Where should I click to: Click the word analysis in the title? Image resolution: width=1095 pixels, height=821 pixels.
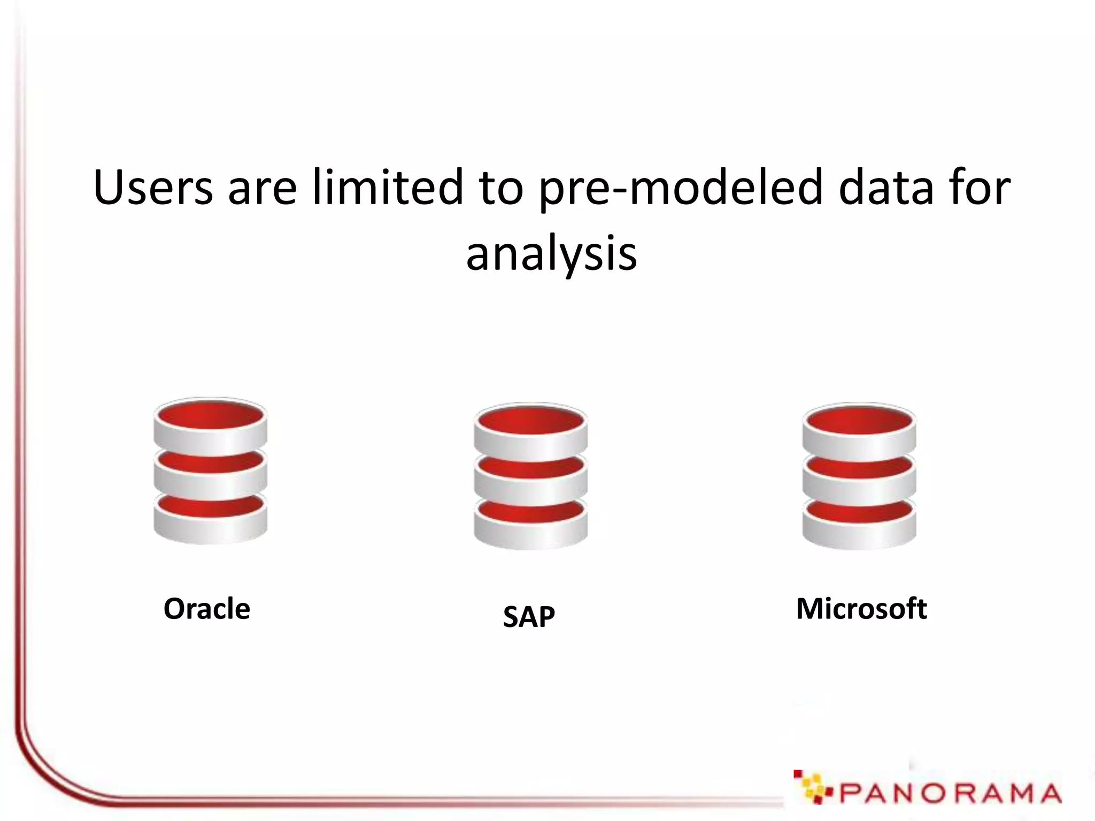coord(551,254)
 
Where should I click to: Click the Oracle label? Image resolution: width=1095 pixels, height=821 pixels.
coord(206,609)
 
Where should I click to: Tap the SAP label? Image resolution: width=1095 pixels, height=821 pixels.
coord(529,616)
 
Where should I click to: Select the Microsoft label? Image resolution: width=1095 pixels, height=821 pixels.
coord(861,609)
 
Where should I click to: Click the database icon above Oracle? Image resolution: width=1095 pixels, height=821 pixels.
coord(210,470)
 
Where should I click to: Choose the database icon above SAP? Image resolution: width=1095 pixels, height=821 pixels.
coord(530,476)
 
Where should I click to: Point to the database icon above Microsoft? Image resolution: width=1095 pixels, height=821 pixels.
coord(859,476)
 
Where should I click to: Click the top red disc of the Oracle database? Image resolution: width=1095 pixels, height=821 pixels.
coord(210,415)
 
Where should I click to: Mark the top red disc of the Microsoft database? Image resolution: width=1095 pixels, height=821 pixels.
coord(859,421)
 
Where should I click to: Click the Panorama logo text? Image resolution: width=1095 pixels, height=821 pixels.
coord(949,793)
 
